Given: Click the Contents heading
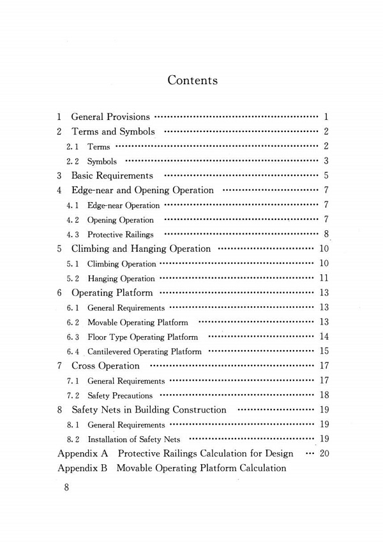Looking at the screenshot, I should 192,80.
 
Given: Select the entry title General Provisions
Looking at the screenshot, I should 110,117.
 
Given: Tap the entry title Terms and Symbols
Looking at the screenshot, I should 113,132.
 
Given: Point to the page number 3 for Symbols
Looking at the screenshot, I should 326,161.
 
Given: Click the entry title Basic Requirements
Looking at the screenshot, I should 112,175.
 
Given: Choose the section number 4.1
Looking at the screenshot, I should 72,205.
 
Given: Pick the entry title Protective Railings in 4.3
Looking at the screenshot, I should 121,235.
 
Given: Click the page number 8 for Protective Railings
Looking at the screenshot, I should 326,234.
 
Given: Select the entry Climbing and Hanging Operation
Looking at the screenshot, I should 140,249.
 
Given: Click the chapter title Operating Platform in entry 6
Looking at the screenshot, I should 112,293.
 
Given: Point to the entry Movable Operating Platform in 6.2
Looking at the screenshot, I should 137,323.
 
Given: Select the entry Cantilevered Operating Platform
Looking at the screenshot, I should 144,351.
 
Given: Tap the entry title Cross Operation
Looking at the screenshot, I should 105,366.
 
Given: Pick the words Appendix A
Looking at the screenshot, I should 82,453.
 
